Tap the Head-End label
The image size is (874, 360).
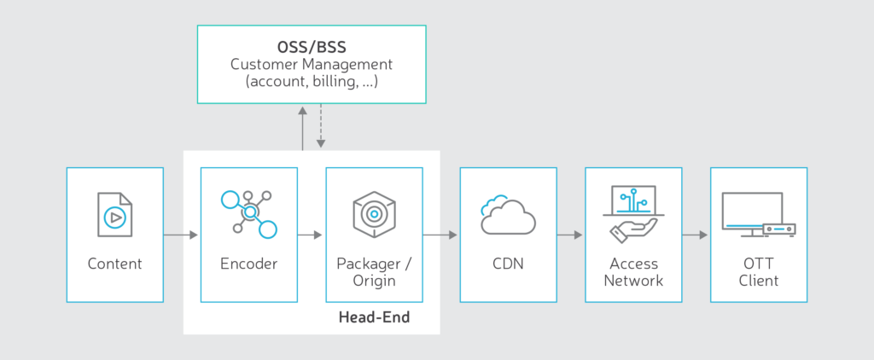point(374,317)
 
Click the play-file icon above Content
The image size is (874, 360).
point(114,214)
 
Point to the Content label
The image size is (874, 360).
point(114,264)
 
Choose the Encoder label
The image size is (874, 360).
point(248,264)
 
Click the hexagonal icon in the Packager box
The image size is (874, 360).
point(374,214)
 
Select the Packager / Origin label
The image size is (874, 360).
point(374,272)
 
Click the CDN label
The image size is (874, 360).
point(508,264)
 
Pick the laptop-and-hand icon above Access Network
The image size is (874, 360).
point(632,213)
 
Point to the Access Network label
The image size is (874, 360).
point(632,272)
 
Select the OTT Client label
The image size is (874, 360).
point(758,272)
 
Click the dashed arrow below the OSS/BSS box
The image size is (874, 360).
point(320,128)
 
